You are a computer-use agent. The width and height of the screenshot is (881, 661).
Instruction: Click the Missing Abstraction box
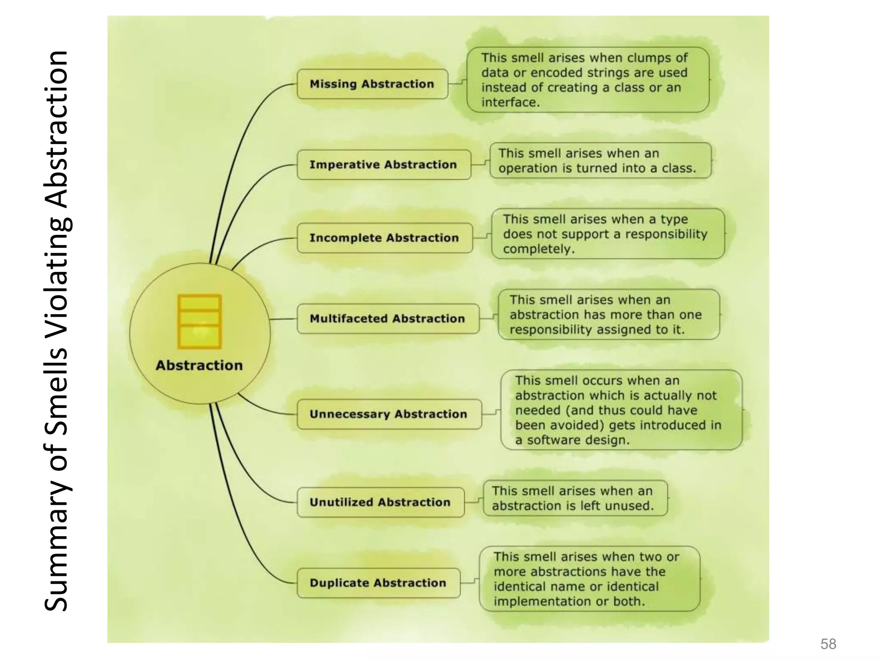[x=372, y=84]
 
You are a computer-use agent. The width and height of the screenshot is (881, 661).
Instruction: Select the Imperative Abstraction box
[x=383, y=165]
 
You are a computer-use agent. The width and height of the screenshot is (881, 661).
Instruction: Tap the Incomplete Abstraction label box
[x=384, y=238]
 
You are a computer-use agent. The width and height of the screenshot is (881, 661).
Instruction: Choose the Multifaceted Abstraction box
[x=387, y=319]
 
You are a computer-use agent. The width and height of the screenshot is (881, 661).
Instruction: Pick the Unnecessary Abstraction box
[x=388, y=414]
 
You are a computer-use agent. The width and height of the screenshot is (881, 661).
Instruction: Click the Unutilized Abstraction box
[x=380, y=502]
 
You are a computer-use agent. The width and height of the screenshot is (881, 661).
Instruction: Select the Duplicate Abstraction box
[x=378, y=583]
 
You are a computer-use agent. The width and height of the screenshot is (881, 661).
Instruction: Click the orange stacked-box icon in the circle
[x=200, y=321]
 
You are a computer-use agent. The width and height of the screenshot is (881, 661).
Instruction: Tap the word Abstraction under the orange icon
[x=199, y=365]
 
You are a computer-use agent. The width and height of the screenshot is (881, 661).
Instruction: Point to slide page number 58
[x=828, y=644]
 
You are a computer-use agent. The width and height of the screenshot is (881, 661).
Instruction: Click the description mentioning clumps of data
[x=587, y=80]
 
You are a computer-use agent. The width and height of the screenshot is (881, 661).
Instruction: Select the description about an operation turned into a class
[x=600, y=161]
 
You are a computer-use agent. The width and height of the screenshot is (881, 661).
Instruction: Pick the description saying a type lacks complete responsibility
[x=607, y=234]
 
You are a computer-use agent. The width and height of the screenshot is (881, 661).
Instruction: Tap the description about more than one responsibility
[x=608, y=315]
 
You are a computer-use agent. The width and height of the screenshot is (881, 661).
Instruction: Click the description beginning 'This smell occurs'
[x=621, y=410]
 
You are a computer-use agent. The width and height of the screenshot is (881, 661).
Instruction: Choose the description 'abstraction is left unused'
[x=575, y=498]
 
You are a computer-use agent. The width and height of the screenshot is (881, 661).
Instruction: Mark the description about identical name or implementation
[x=589, y=579]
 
